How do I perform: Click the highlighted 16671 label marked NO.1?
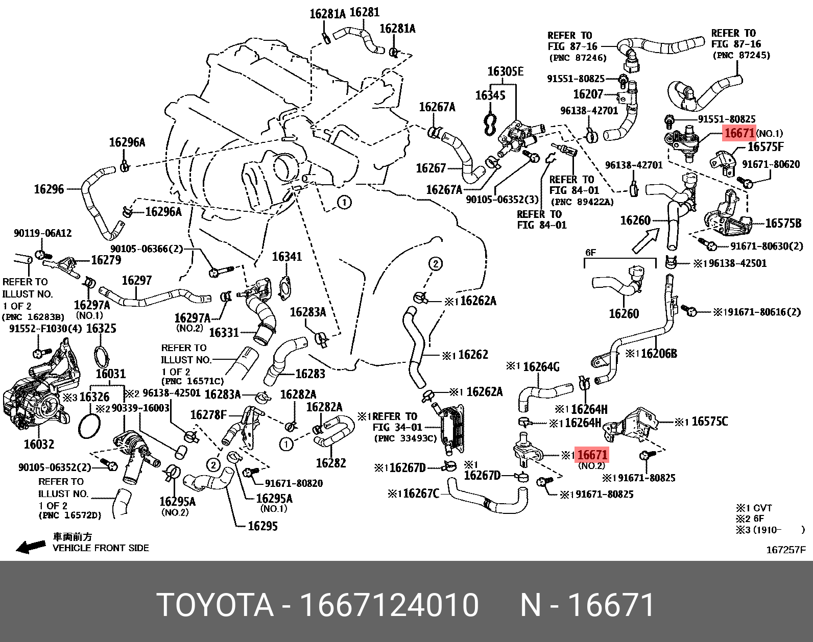(739, 133)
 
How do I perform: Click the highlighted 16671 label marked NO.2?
(592, 454)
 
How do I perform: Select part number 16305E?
(505, 71)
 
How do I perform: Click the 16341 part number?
(286, 257)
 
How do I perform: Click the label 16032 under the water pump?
(39, 444)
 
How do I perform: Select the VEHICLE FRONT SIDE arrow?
(31, 547)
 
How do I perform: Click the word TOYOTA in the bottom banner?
(215, 605)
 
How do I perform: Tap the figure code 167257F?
(785, 550)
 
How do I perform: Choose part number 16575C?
(709, 422)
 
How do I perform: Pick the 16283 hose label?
(310, 374)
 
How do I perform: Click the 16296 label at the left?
(49, 189)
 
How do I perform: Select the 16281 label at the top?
(365, 12)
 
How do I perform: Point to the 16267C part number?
(421, 493)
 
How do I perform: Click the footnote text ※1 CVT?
(754, 508)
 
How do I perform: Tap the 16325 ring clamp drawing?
(102, 355)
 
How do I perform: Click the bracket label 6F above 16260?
(590, 253)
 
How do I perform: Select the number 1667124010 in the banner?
(389, 605)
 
